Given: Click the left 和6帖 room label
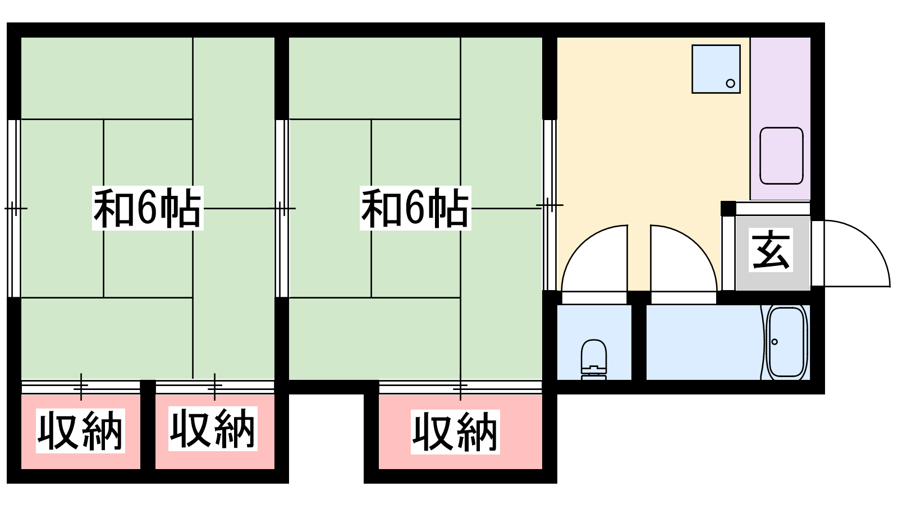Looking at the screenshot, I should (147, 209).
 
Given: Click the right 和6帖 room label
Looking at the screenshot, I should (415, 209).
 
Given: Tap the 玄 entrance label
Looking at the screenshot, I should (772, 250).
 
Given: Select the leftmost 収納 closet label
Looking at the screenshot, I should (80, 431).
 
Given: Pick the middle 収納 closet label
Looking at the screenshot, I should (213, 429).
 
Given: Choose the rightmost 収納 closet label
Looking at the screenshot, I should (455, 432).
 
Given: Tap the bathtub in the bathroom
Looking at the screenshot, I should (787, 342).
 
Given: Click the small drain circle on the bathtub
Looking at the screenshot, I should (775, 342).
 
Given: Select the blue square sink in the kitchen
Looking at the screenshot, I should (716, 68).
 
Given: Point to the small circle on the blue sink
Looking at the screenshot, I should (730, 84).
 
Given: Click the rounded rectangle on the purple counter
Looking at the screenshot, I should (781, 155).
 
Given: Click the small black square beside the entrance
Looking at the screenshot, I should (728, 208).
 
